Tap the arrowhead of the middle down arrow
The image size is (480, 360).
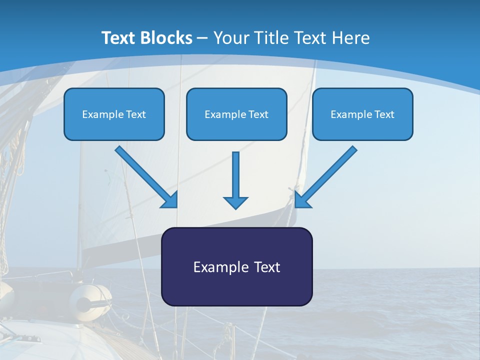[x=235, y=202]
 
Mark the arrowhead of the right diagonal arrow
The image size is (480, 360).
[x=301, y=200]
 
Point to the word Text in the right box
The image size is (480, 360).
[x=384, y=114]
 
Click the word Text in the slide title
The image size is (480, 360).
[x=119, y=38]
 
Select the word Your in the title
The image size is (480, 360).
[x=229, y=38]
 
